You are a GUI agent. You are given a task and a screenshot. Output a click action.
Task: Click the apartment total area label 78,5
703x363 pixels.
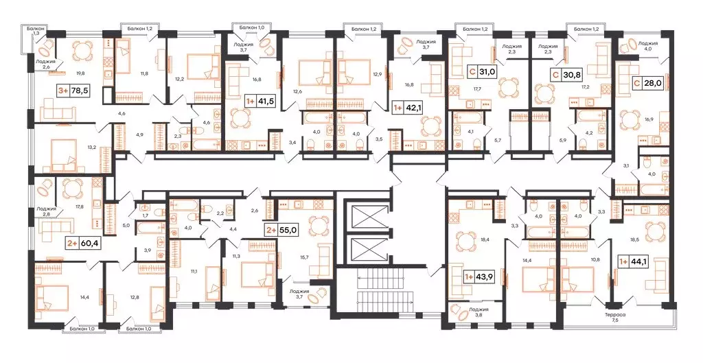tap(84, 89)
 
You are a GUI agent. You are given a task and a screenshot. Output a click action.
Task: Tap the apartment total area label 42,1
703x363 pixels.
tap(415, 108)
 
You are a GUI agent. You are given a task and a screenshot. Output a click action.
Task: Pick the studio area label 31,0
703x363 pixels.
tap(487, 71)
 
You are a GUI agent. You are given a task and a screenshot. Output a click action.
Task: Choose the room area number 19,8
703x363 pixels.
tap(80, 72)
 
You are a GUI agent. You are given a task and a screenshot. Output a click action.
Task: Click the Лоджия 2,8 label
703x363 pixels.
tap(46, 211)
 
